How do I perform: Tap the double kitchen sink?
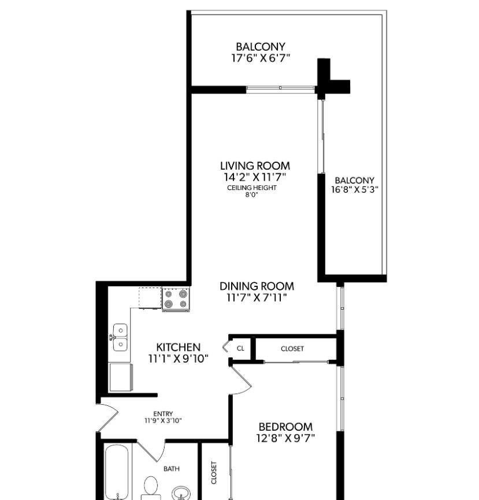120,338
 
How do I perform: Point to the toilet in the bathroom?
151,488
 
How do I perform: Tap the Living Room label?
255,166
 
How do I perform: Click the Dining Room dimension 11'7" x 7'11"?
257,298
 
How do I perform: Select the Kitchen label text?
179,347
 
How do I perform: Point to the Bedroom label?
285,427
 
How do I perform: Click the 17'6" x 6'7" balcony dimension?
260,58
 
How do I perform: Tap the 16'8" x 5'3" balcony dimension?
355,189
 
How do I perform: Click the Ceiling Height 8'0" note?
251,191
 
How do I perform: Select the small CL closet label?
240,349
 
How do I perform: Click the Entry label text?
163,413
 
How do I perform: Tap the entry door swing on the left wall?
108,417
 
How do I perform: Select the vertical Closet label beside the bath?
214,472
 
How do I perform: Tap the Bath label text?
172,469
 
